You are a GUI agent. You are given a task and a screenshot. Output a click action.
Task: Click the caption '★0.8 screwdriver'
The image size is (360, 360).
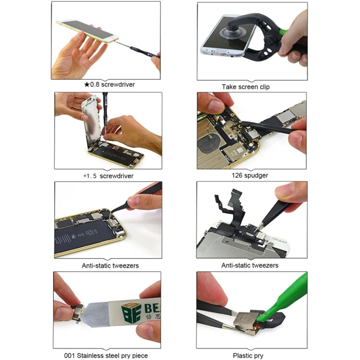(109, 84)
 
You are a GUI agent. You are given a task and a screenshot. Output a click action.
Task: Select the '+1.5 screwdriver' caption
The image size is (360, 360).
(108, 176)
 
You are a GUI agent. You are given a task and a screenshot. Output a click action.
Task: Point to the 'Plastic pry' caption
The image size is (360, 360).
(252, 356)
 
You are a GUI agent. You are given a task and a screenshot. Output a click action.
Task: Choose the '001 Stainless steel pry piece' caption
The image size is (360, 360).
(106, 356)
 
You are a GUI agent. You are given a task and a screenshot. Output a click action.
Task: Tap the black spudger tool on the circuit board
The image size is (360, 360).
(269, 127)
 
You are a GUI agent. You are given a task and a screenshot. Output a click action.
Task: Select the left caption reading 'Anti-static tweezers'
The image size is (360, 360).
(108, 265)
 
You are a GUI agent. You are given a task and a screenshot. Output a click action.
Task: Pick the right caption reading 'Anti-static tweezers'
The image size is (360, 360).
(250, 265)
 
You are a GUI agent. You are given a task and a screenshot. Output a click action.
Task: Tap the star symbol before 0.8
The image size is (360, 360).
(87, 84)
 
